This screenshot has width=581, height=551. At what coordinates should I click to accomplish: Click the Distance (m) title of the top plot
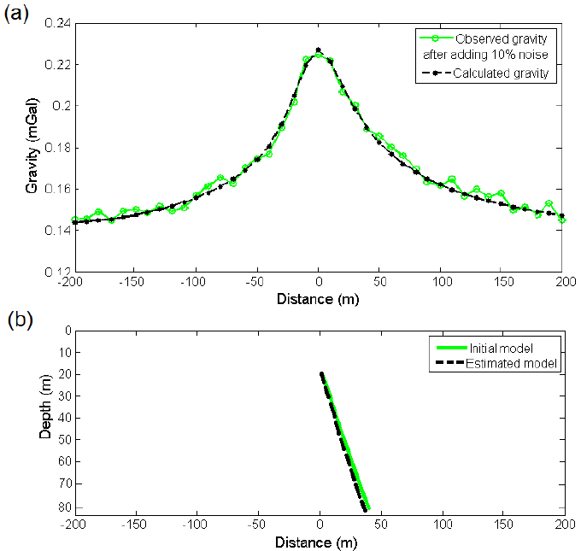click(x=319, y=300)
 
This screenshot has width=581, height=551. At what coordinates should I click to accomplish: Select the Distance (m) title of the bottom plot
click(x=319, y=542)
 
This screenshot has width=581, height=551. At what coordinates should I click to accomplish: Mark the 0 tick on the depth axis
click(x=65, y=330)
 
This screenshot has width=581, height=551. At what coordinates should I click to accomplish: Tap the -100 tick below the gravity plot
click(x=196, y=282)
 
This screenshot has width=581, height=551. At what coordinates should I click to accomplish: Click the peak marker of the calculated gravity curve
click(x=319, y=50)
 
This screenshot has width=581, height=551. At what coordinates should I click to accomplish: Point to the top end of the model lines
click(x=321, y=373)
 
